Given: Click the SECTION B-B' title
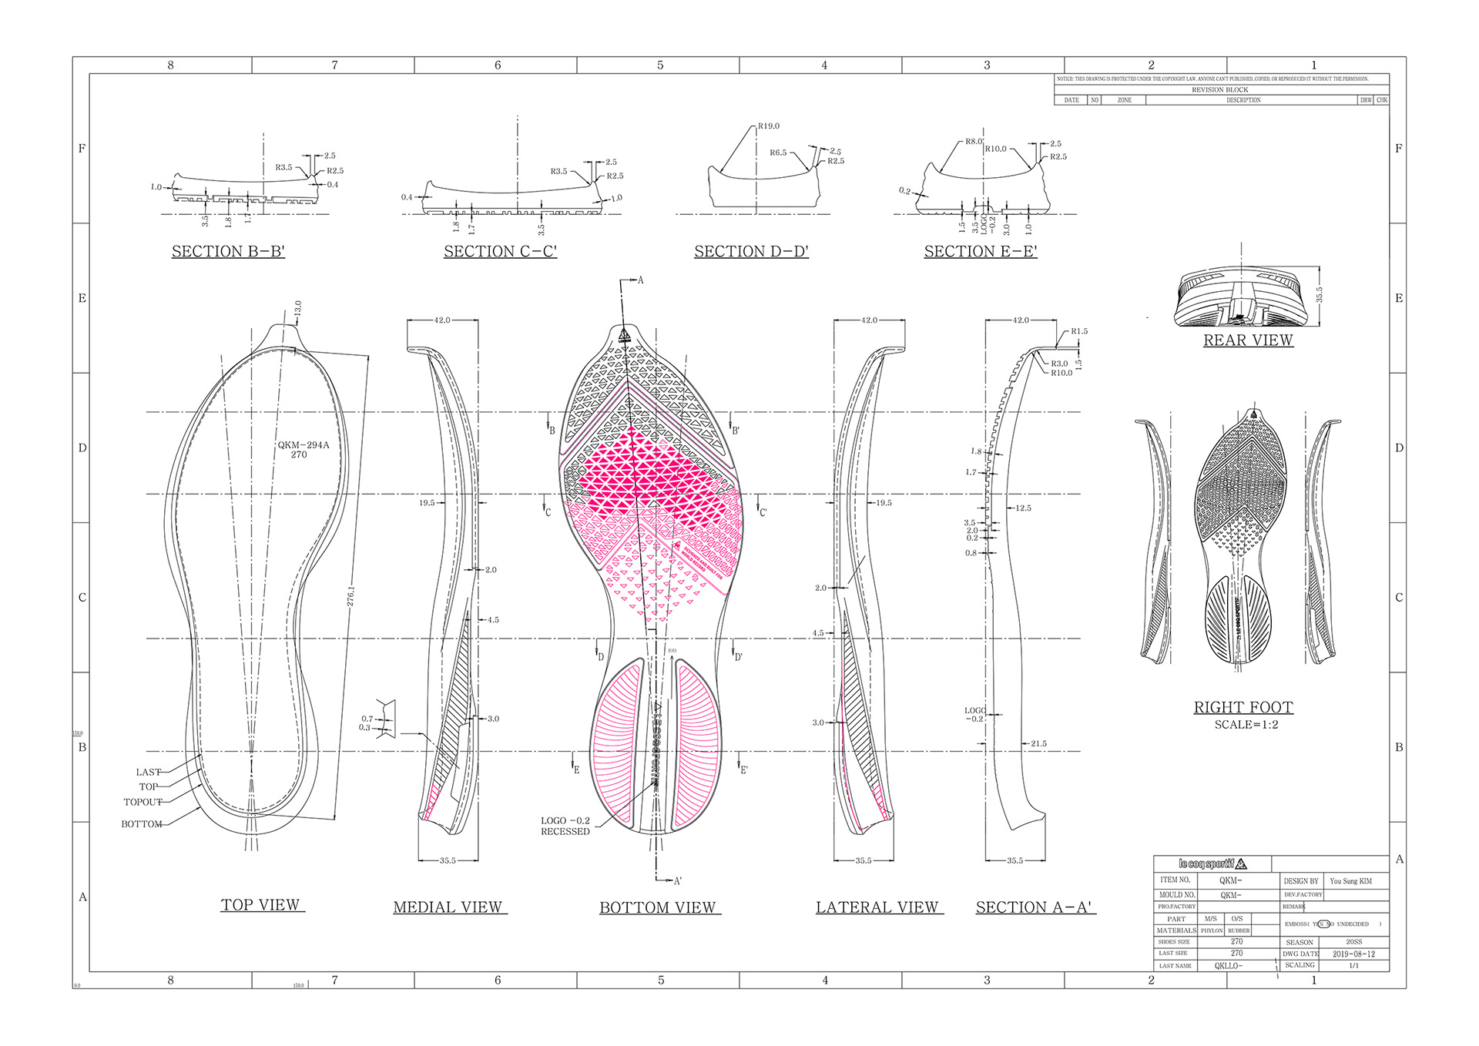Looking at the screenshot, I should coord(228,252).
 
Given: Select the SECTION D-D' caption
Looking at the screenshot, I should coord(751,252).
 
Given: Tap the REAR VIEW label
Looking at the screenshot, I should coord(1248,340).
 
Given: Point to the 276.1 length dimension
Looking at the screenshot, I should coord(351,596).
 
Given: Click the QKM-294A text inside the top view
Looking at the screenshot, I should coord(303,444).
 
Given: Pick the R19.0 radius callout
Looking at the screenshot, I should coord(768,126).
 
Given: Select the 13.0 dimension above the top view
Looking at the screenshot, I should coord(298,308).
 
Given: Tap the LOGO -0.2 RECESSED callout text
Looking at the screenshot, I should coord(565,826).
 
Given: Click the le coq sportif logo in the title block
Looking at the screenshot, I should coord(1212,863).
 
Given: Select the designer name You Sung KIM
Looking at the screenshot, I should coord(1350,881).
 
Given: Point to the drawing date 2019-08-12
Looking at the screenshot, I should coord(1353,954).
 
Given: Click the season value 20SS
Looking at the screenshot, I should coord(1353,942).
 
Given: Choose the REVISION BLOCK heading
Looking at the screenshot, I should coord(1219,90).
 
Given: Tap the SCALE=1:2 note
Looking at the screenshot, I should coord(1246,725).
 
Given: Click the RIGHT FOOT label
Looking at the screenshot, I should coord(1243,707).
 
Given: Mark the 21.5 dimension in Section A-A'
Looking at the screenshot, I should coord(1038,744).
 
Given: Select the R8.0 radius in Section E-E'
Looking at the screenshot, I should coord(974,142).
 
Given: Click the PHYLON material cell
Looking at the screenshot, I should coord(1211,930).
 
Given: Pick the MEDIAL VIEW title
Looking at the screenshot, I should coord(448,907).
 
